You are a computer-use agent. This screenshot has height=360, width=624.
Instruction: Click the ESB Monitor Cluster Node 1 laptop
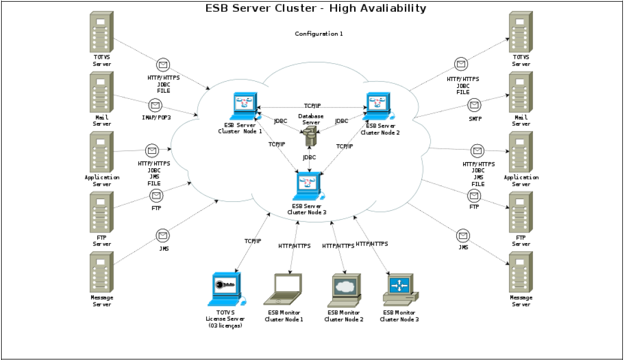pyautogui.click(x=287, y=290)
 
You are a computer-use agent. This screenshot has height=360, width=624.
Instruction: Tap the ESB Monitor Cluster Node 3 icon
pyautogui.click(x=399, y=288)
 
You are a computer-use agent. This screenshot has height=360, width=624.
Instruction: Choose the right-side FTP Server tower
pyautogui.click(x=521, y=213)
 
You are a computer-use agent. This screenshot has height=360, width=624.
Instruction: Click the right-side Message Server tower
pyautogui.click(x=521, y=273)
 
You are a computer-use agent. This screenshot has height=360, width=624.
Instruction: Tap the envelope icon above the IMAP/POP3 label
pyautogui.click(x=155, y=105)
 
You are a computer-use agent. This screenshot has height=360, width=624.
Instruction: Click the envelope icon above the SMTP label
pyautogui.click(x=475, y=105)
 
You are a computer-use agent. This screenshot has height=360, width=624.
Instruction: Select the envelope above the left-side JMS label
pyautogui.click(x=163, y=235)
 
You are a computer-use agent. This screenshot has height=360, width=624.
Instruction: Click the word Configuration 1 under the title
pyautogui.click(x=318, y=34)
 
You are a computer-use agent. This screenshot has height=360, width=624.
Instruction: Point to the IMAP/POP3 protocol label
pyautogui.click(x=156, y=117)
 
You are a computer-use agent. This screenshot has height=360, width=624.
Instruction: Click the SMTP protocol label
pyautogui.click(x=475, y=119)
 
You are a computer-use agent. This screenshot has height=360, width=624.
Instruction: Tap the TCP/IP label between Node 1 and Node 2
pyautogui.click(x=312, y=106)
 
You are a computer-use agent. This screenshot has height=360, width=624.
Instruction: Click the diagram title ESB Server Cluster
pyautogui.click(x=316, y=8)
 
